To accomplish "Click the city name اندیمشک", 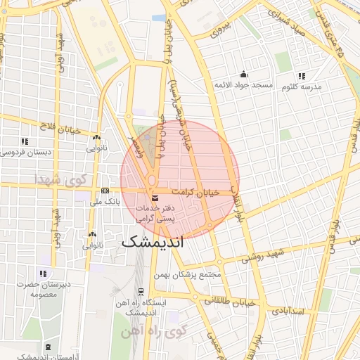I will (x=152, y=242).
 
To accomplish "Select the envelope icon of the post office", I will (x=154, y=196).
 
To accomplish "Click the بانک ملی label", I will (x=107, y=202).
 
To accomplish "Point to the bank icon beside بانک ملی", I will (x=105, y=191).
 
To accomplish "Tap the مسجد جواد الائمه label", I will (x=243, y=85).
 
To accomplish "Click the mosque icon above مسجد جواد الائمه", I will (x=243, y=74).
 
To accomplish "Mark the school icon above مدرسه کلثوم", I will (x=302, y=76).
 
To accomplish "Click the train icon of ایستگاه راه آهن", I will (x=141, y=291).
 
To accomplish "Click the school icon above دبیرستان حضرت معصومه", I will (x=44, y=274).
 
